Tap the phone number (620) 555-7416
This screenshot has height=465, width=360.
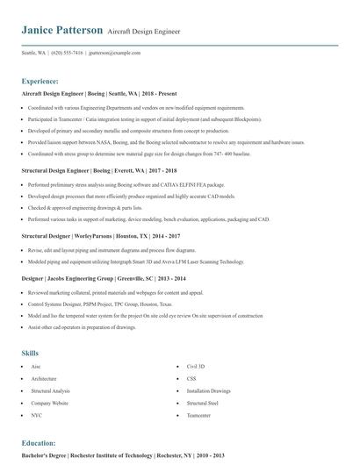point(68,53)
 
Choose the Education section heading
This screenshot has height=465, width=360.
point(39,443)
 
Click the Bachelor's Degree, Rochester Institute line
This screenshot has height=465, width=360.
point(123,456)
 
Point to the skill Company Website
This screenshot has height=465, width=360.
point(49,402)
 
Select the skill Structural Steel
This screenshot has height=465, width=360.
point(203,402)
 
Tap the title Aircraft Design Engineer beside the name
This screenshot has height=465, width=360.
point(144,32)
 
